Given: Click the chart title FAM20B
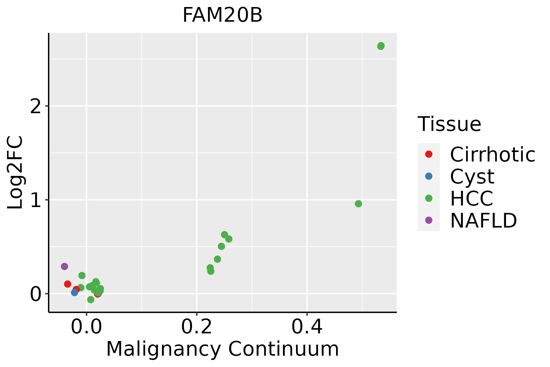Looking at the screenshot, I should click(222, 15).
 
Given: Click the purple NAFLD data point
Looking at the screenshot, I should click(64, 266).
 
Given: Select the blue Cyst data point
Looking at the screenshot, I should click(74, 292).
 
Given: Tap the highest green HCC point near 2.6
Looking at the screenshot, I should click(381, 46).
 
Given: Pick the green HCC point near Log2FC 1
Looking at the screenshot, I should click(358, 204).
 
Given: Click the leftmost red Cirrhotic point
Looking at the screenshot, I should click(68, 284).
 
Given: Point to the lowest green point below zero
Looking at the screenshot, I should click(90, 299).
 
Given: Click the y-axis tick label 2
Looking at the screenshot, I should click(35, 106).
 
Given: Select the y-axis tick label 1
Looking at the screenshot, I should click(35, 200).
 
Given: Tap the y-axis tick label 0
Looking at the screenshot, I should click(35, 294).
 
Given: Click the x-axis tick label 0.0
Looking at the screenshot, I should click(86, 327).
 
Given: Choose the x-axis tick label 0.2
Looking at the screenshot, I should click(197, 327).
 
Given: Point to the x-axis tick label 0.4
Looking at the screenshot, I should click(307, 327).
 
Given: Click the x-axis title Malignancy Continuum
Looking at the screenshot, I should click(222, 349).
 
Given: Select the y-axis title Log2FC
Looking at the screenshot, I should click(15, 172).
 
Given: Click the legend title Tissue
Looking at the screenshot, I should click(449, 124).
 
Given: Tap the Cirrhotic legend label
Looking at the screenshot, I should click(493, 154).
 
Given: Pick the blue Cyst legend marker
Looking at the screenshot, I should click(429, 176).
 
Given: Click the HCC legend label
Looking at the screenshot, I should click(471, 198).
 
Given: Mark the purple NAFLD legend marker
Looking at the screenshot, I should click(429, 220).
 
